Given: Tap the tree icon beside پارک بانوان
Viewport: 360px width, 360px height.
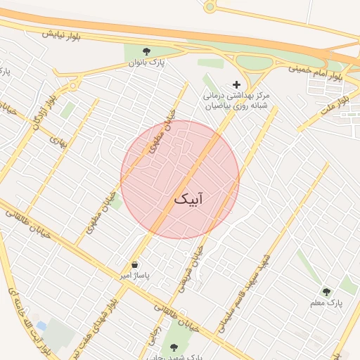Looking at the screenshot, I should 146,51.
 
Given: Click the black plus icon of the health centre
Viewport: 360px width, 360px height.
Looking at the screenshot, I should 236,84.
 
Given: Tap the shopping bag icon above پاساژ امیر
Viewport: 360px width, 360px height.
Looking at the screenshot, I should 134,264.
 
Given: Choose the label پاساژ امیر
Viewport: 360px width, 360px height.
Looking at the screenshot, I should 134,276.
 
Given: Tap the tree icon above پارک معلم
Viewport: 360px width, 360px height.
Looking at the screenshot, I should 326,291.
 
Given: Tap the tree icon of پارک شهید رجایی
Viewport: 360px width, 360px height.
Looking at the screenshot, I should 174,347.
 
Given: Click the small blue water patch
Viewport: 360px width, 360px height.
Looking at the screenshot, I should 41,326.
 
